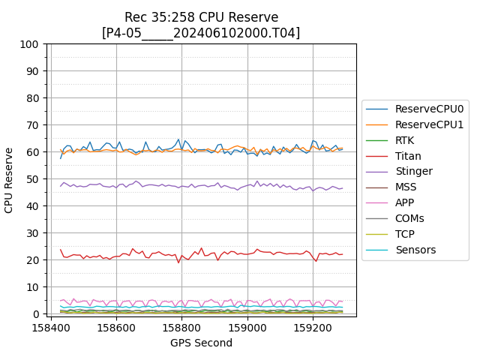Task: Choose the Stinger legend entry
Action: click(x=413, y=172)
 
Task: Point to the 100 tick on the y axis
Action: click(x=30, y=44)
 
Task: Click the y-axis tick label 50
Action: click(x=33, y=179)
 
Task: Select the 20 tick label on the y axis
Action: click(x=33, y=260)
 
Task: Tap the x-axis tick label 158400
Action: click(x=51, y=328)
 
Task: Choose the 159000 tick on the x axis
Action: click(x=247, y=328)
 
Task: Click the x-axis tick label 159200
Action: click(x=313, y=328)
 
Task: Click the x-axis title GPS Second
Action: click(x=201, y=343)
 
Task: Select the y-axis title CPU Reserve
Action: click(x=10, y=179)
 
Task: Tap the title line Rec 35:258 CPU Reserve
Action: click(x=201, y=17)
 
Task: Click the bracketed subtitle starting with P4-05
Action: click(x=201, y=33)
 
